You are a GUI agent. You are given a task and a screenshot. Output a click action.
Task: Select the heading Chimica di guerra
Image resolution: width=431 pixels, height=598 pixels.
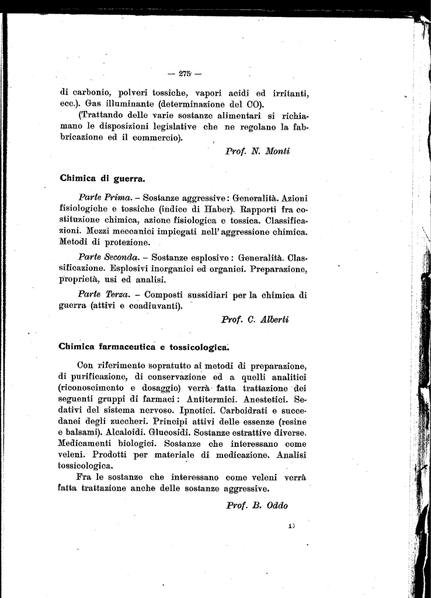pyautogui.click(x=102, y=178)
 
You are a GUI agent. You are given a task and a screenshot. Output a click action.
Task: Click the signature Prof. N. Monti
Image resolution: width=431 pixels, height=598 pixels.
pyautogui.click(x=258, y=151)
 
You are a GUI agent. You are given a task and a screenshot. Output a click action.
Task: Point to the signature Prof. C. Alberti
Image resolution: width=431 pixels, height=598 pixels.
pyautogui.click(x=255, y=319)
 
